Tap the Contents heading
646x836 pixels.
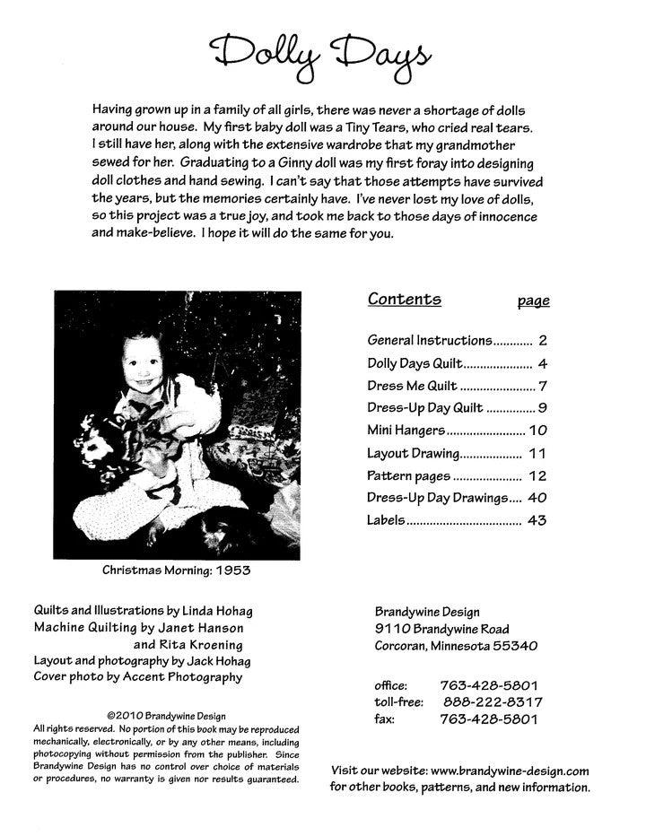pyautogui.click(x=404, y=300)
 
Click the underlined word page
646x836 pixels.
pyautogui.click(x=533, y=302)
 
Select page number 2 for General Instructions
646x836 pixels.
pyautogui.click(x=543, y=341)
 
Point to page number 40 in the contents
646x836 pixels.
pyautogui.click(x=537, y=498)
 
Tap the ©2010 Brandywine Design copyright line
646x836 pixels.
pyautogui.click(x=166, y=717)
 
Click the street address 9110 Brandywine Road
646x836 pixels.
pyautogui.click(x=442, y=628)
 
